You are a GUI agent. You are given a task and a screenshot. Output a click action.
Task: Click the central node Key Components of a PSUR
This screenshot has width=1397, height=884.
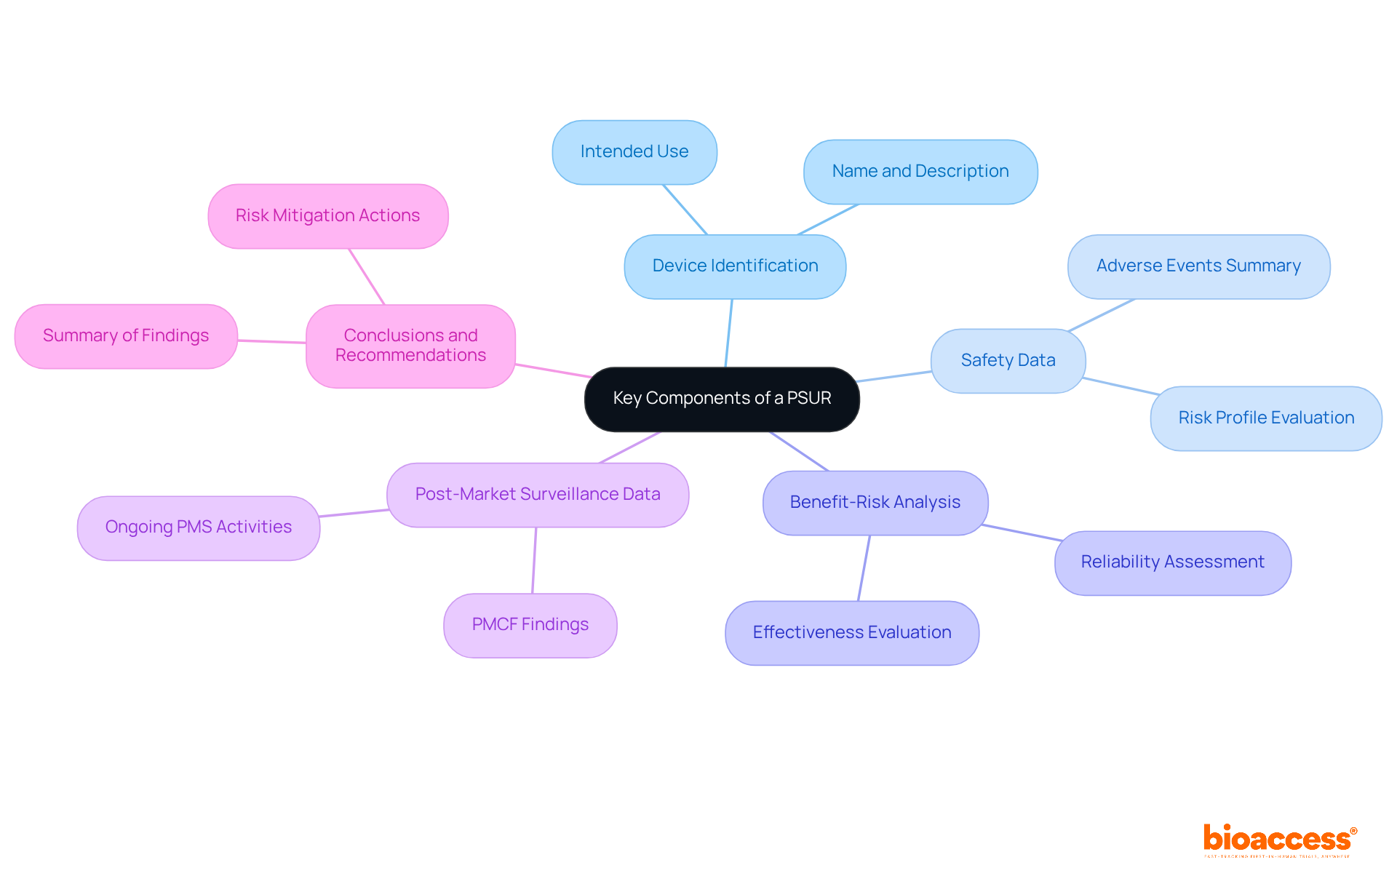(722, 399)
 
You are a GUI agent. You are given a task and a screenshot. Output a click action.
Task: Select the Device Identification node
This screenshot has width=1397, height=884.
(735, 266)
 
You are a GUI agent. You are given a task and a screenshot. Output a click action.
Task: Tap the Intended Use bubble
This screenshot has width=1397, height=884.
(634, 152)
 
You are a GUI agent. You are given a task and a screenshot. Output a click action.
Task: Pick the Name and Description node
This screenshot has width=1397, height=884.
(920, 172)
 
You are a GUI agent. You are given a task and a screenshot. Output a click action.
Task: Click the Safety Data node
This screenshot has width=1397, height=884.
(1008, 361)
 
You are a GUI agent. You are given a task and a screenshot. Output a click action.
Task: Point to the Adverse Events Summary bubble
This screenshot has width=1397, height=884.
(1198, 266)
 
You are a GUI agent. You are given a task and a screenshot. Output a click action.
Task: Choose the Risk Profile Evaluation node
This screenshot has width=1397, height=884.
(1266, 418)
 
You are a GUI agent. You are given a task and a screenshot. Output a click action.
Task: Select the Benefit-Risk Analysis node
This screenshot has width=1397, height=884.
(875, 503)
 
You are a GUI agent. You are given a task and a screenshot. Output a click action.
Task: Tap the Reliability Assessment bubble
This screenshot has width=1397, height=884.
(1172, 562)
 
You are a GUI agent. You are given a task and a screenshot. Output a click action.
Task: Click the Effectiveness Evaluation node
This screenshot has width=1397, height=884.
(852, 633)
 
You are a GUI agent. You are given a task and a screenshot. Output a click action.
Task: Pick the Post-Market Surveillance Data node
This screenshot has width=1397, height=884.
(538, 495)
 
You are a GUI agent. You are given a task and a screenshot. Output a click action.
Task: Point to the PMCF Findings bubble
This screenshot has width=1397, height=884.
(530, 625)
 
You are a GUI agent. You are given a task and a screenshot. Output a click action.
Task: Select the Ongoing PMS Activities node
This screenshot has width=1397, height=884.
(199, 527)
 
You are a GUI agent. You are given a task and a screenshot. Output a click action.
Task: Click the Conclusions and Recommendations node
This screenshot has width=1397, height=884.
(410, 346)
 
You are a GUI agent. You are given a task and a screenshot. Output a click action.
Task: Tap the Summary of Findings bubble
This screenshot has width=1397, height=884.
(126, 336)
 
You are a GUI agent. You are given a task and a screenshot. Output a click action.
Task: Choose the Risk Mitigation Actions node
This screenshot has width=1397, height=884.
(327, 216)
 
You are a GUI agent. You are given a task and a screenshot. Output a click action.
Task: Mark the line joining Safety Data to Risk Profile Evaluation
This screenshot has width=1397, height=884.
(1120, 386)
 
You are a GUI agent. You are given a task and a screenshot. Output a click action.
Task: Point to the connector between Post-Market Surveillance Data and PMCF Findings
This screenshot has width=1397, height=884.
(534, 560)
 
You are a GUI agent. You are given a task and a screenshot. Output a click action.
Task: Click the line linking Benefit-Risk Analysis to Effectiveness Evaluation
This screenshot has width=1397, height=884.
(864, 568)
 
